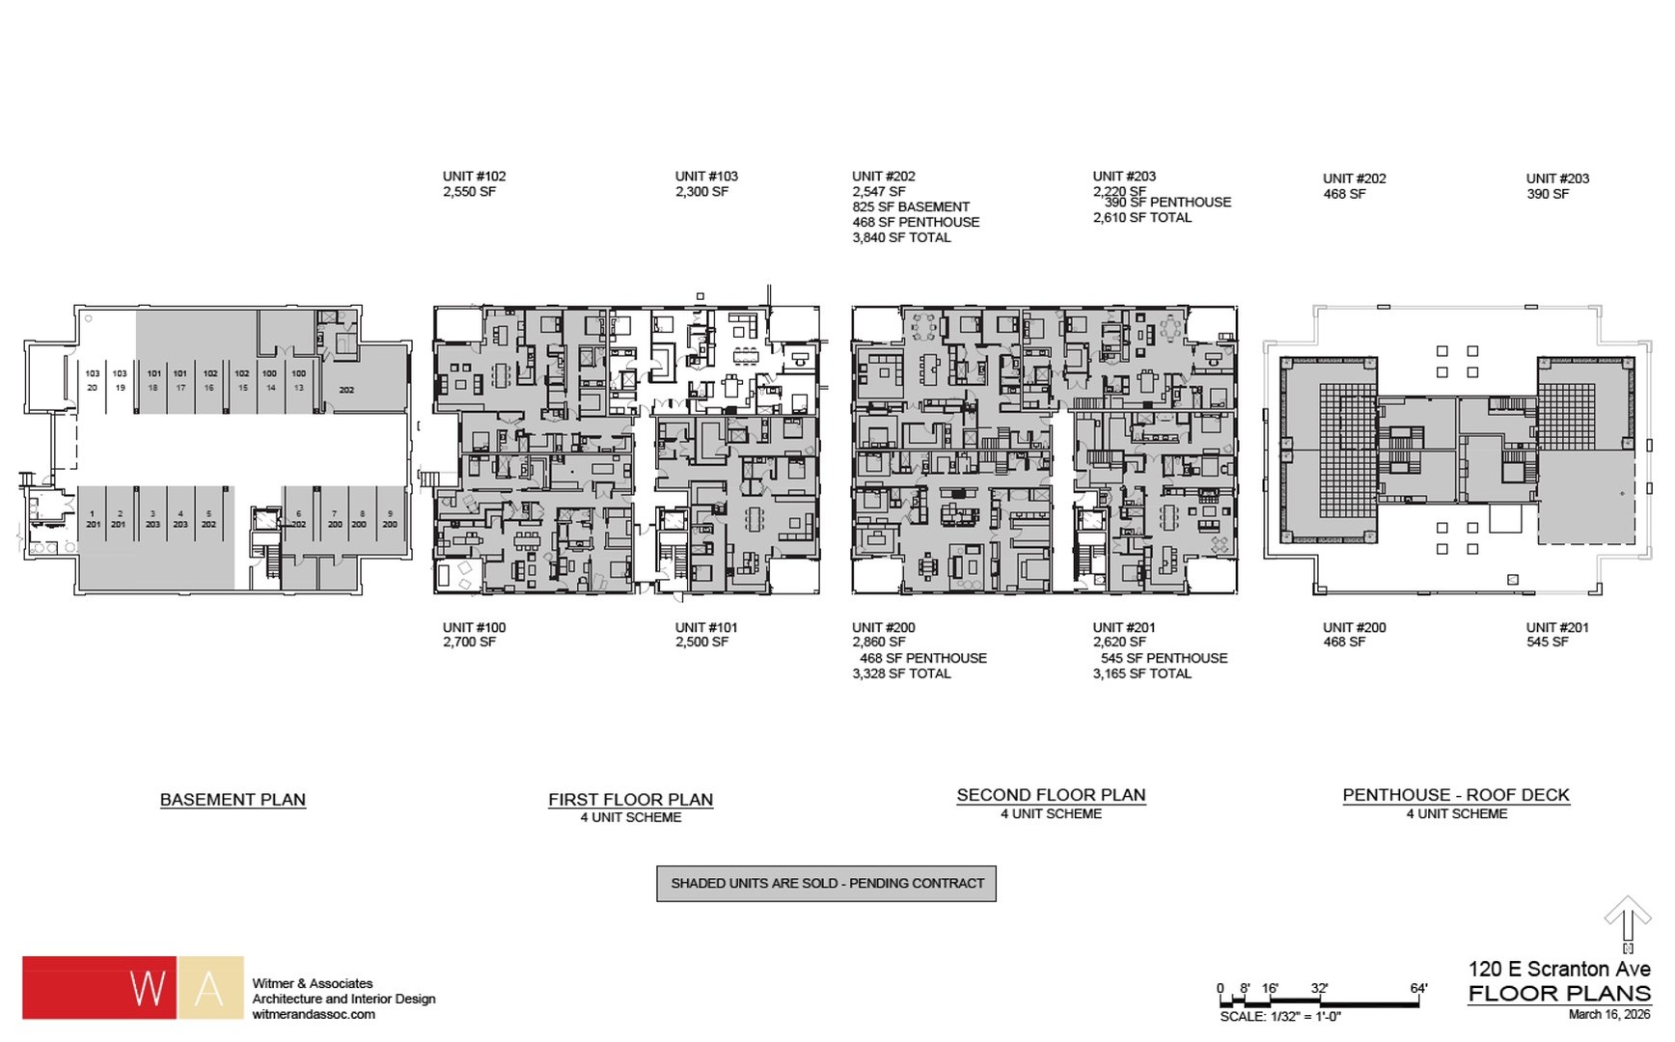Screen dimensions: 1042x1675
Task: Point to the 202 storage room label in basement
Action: pos(346,390)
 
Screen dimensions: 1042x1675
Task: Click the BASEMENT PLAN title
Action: pos(233,800)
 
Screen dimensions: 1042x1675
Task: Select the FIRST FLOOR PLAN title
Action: pos(630,800)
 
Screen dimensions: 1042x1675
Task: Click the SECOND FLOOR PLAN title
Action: pos(1051,795)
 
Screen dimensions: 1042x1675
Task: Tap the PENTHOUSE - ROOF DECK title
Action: pos(1455,795)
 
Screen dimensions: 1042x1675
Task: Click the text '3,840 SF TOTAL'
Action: pos(901,237)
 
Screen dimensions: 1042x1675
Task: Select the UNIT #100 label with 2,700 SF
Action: pos(474,634)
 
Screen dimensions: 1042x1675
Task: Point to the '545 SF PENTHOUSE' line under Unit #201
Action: pos(1164,658)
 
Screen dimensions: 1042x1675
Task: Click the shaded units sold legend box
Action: pos(826,883)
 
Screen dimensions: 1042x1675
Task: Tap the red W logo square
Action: pos(99,987)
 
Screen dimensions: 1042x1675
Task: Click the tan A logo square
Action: pos(210,987)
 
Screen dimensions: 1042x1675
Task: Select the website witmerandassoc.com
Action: pos(314,1014)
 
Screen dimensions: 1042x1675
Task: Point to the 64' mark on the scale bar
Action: pos(1417,988)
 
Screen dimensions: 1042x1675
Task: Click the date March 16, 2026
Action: pos(1608,1014)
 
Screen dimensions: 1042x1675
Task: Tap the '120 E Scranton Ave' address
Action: pos(1558,969)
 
